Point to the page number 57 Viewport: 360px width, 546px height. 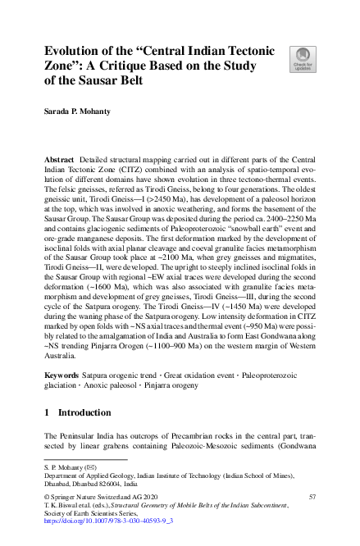click(x=312, y=497)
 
